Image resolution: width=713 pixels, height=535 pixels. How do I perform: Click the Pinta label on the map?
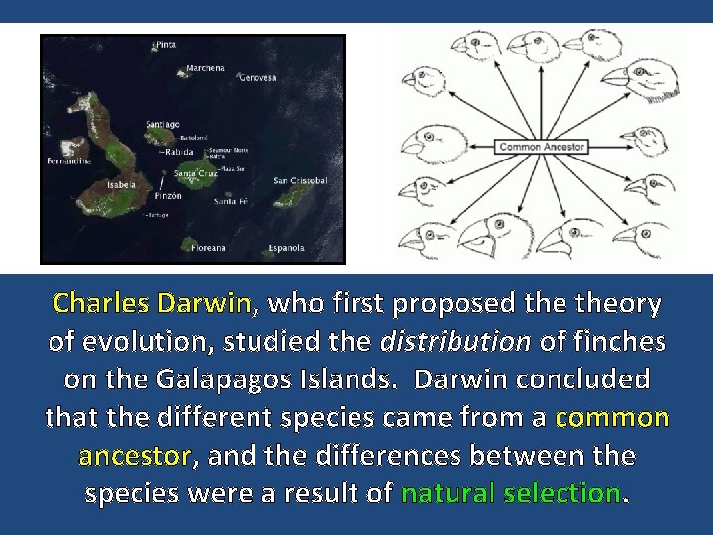point(166,45)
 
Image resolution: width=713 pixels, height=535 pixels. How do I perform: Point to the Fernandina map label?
point(68,160)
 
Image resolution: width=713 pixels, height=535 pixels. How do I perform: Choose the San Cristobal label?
point(300,180)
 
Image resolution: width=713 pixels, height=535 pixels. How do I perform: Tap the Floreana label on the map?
point(208,247)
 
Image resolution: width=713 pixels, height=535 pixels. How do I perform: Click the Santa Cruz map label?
point(196,174)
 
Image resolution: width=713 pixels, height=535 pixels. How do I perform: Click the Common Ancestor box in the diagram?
point(542,147)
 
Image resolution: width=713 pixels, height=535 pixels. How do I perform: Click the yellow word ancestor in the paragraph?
point(135,455)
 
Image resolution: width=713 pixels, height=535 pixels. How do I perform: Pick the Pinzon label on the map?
point(169,197)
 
